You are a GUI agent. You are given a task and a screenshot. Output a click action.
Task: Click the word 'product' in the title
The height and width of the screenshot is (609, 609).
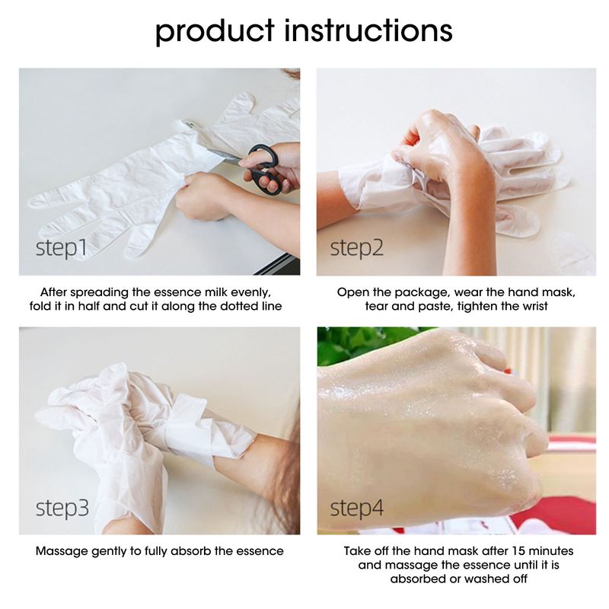click(x=215, y=32)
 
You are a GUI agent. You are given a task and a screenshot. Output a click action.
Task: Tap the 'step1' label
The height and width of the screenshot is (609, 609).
click(x=61, y=248)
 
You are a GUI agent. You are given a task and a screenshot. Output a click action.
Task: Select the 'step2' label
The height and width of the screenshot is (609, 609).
click(x=356, y=248)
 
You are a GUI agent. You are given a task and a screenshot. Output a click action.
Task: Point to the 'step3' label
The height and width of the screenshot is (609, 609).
click(x=62, y=508)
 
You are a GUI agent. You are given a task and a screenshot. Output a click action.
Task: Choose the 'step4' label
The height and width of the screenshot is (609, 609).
click(x=356, y=508)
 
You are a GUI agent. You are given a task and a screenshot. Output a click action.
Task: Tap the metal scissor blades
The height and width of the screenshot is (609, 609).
click(x=226, y=155)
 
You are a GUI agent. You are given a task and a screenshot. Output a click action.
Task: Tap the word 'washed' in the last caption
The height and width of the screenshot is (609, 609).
click(x=483, y=579)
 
